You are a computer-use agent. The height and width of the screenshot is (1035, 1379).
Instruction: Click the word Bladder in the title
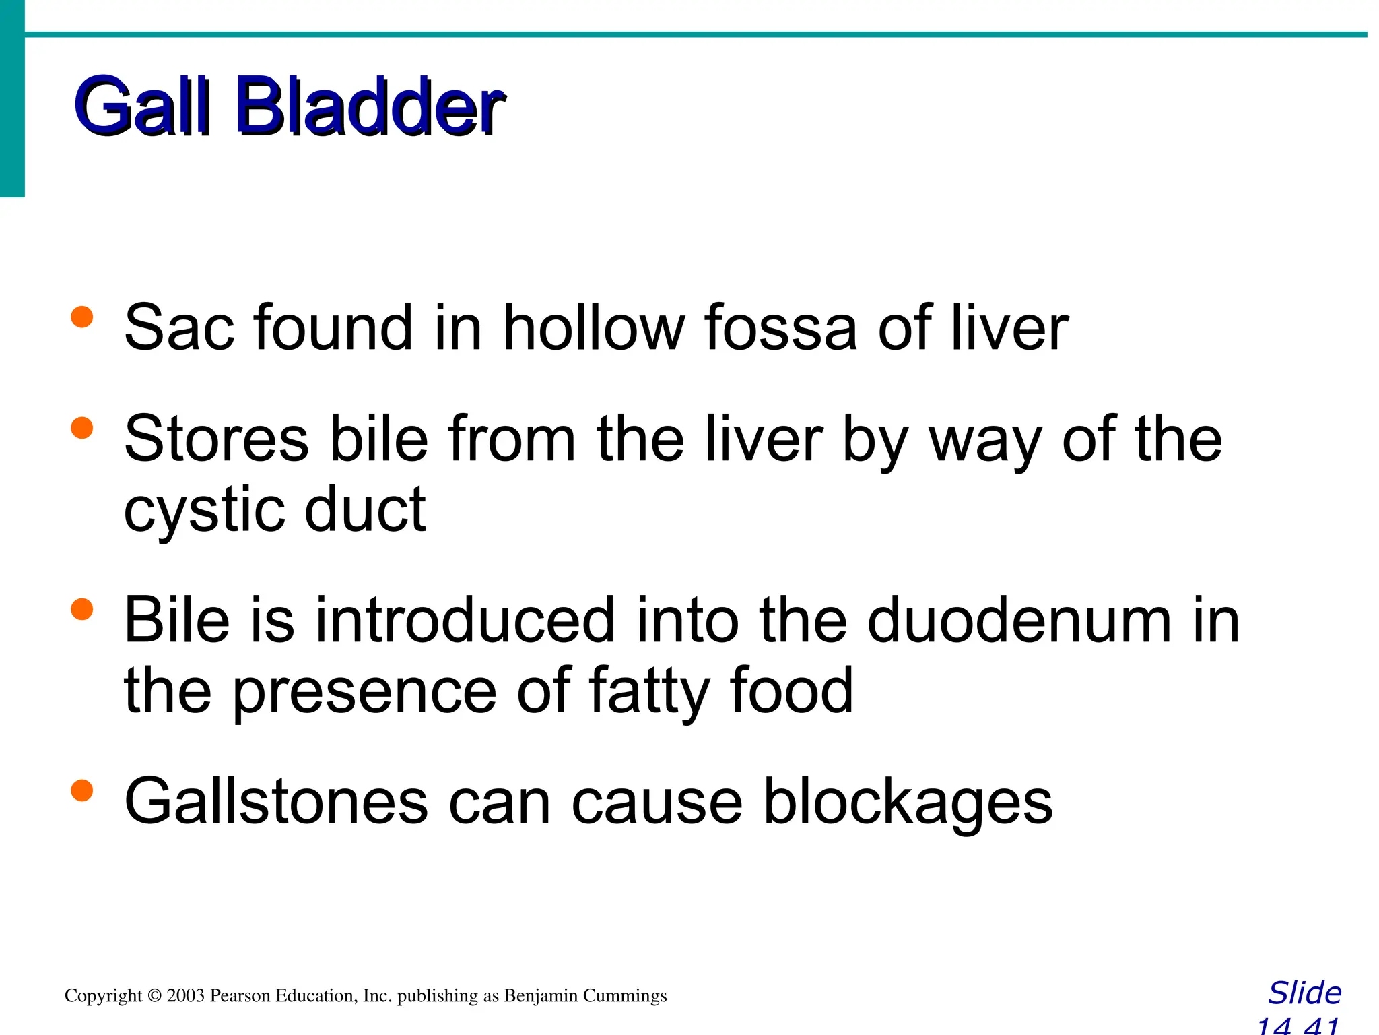[369, 106]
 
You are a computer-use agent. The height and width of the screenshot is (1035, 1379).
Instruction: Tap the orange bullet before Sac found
[81, 317]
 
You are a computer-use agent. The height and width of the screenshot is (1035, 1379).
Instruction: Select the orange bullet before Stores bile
[81, 428]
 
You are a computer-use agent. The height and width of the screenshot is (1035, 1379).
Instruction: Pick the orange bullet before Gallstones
[81, 790]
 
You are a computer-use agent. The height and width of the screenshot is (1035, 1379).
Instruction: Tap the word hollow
[593, 328]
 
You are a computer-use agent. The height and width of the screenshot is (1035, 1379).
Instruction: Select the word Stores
[216, 439]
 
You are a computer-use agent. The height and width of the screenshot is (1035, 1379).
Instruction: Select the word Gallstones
[276, 802]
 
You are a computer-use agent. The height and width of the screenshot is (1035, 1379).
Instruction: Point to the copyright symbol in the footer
[155, 996]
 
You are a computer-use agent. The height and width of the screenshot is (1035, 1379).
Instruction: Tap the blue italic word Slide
[1304, 993]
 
